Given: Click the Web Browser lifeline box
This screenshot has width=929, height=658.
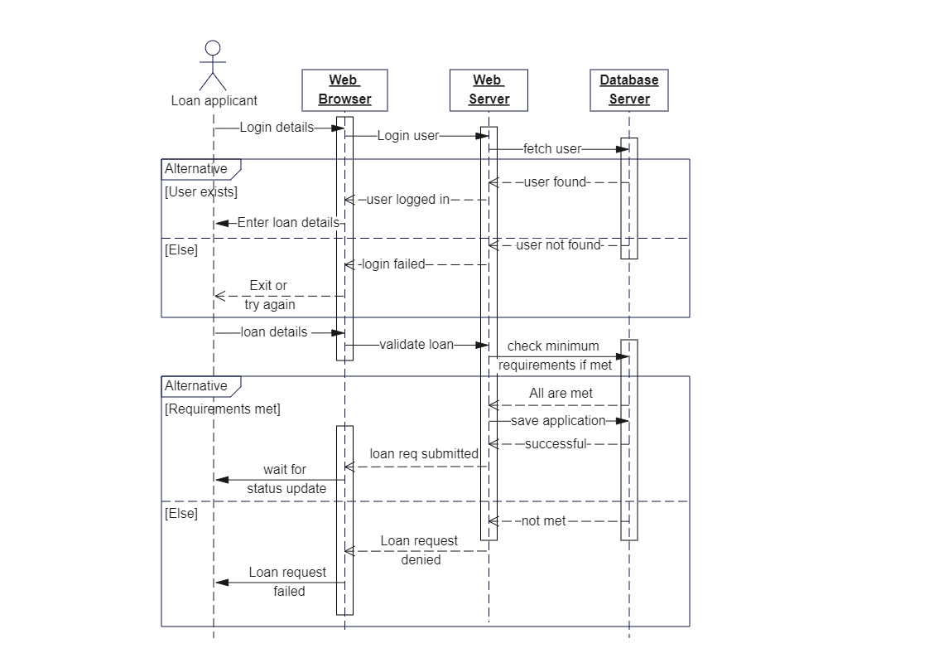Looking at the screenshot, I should coord(345,90).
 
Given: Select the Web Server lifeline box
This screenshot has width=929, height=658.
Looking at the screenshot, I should coord(489,90).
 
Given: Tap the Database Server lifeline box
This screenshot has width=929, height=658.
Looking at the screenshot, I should coord(629,90).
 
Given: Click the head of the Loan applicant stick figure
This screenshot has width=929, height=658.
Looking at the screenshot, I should coord(213,48).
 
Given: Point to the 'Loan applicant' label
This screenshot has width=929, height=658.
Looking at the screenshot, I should coord(214,101).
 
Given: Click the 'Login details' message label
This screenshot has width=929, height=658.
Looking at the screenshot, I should coord(277,128).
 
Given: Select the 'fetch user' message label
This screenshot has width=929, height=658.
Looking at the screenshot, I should coord(552,149).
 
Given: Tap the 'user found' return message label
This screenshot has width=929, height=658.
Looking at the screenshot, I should coord(556,182).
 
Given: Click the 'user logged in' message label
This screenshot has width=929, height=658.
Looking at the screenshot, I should coord(408,200).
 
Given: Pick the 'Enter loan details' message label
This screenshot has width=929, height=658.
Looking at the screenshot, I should coord(288,223).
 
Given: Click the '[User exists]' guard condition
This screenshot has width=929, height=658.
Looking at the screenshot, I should coord(201,191).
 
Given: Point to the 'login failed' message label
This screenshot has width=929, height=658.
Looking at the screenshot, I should coord(393,264).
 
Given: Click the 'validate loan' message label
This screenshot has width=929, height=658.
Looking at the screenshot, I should coord(416,344).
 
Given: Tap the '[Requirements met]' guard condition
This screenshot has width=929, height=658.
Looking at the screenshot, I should coord(223,409).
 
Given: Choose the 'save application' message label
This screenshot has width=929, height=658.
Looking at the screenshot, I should coord(558,421).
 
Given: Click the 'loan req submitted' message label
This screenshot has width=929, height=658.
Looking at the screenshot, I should coord(424,454).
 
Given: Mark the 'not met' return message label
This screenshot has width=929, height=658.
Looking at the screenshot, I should coord(544,521).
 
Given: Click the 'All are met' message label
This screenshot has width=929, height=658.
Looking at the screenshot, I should coord(561,394).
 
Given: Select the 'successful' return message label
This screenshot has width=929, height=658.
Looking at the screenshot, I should coord(556,444).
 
